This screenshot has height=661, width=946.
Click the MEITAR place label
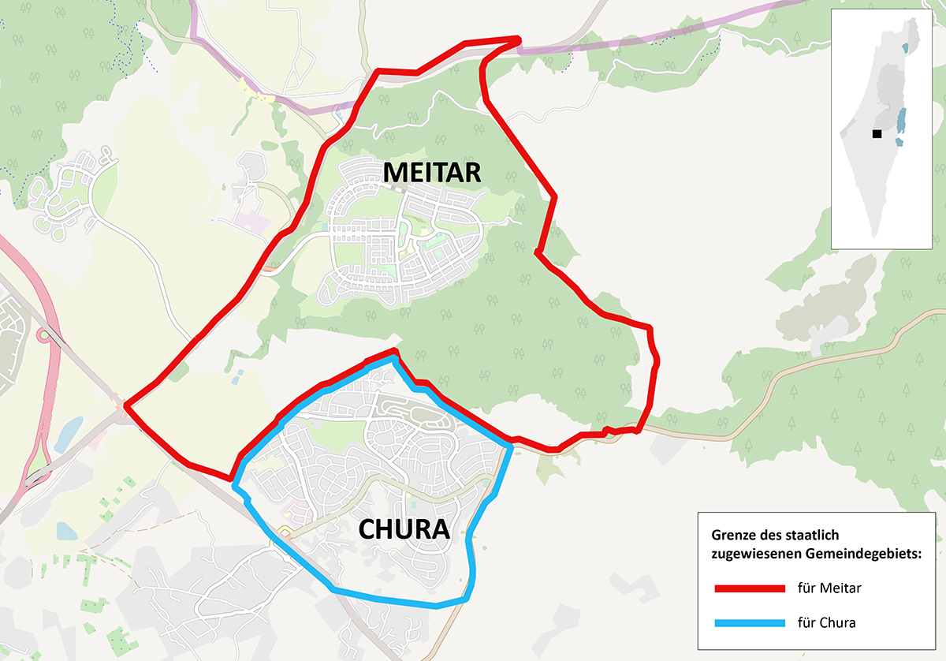click(x=432, y=172)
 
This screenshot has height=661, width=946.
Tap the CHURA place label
click(x=404, y=529)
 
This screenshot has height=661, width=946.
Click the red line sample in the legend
click(x=750, y=588)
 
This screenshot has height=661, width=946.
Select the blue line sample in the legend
click(x=750, y=623)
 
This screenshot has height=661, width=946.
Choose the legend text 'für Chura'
click(x=826, y=623)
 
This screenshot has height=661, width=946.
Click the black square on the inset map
click(x=877, y=134)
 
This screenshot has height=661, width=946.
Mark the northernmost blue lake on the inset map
click(x=904, y=48)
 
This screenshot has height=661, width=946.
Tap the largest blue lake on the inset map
click(x=902, y=120)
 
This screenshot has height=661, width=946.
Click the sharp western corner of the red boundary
click(x=126, y=407)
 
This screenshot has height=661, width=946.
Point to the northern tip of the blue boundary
click(x=394, y=357)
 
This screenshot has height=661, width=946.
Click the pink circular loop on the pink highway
click(x=43, y=335)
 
